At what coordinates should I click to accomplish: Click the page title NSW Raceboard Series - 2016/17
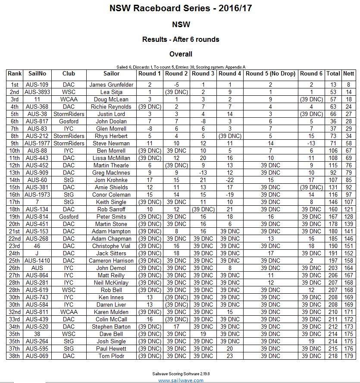[x=181, y=8]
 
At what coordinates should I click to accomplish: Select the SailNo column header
[x=38, y=74]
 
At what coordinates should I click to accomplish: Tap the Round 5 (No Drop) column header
[x=270, y=74]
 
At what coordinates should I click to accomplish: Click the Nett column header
[x=349, y=74]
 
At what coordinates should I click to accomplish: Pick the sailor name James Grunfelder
[x=111, y=85]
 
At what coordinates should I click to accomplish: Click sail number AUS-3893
[x=38, y=92]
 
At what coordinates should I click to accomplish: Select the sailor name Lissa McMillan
[x=111, y=158]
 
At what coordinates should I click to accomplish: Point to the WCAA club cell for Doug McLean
[x=69, y=100]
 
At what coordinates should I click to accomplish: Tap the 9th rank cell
[x=15, y=144]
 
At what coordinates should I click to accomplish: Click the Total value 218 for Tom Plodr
[x=333, y=356]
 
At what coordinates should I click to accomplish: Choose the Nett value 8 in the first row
[x=349, y=85]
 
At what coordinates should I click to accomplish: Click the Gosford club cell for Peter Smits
[x=69, y=217]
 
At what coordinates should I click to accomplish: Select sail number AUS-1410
[x=38, y=261]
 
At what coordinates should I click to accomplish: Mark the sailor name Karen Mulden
[x=111, y=312]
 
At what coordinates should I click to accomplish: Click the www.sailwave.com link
[x=181, y=380]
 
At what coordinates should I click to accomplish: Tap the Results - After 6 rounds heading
[x=181, y=39]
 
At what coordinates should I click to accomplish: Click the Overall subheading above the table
[x=181, y=54]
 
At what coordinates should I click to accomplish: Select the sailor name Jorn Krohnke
[x=111, y=180]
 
